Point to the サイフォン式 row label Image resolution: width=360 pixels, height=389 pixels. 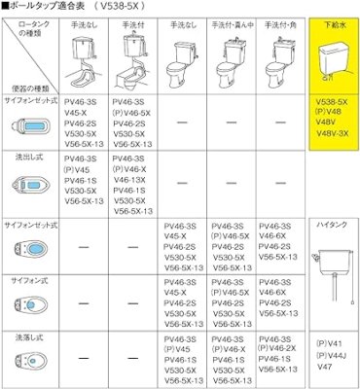27,279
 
